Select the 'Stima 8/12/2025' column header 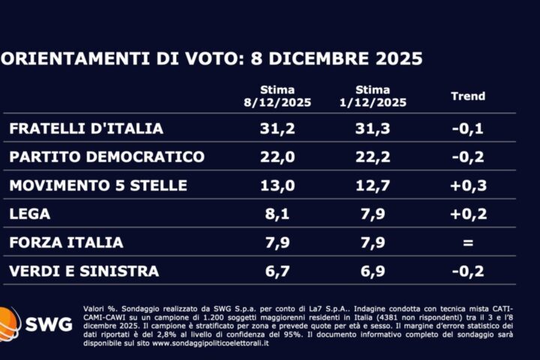point(277,97)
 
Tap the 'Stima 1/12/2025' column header point(373,97)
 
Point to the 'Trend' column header point(468,96)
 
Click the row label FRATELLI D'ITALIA point(86,128)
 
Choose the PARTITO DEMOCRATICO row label point(106,157)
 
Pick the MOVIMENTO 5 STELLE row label point(98,185)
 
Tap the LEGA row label point(30,214)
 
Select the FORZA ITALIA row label point(66,242)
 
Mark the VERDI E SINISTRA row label point(84,271)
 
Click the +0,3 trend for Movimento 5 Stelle point(469,185)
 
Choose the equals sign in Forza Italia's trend point(469,242)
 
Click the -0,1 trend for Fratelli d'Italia point(469,128)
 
